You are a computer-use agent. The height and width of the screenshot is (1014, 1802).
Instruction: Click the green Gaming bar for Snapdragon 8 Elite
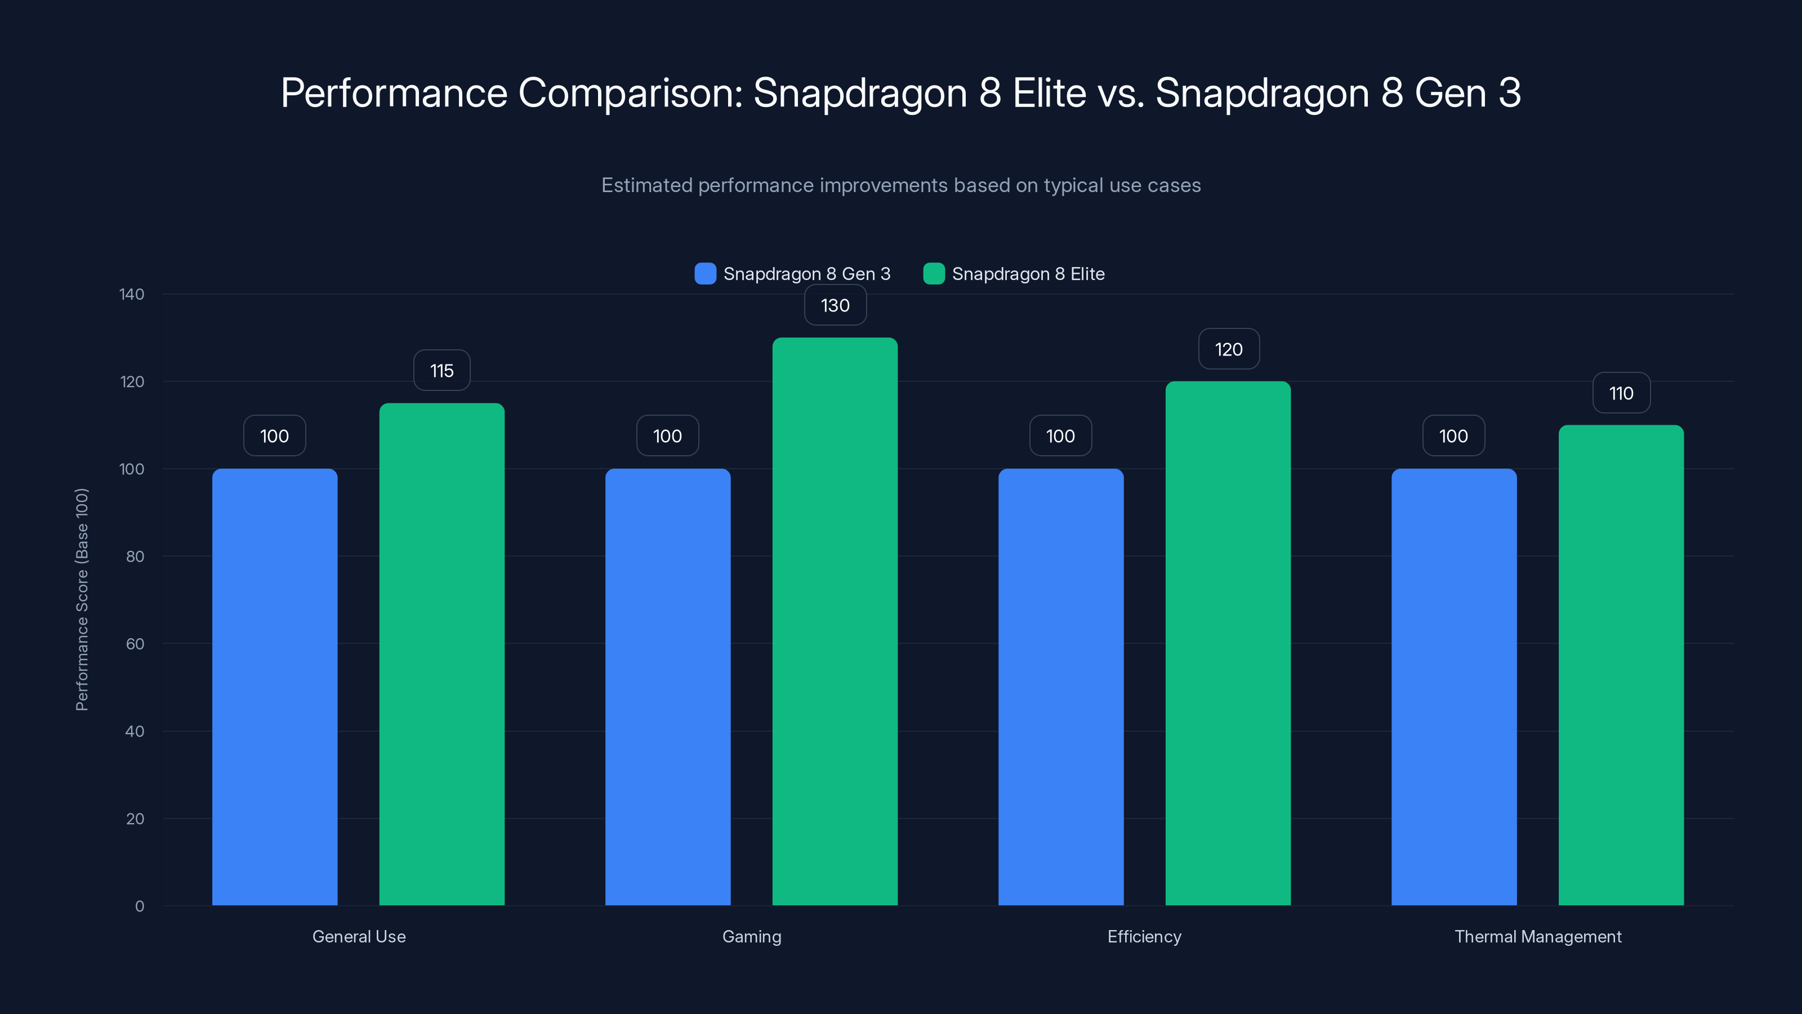click(x=835, y=623)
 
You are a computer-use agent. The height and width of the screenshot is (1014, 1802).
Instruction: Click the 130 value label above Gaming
click(x=835, y=305)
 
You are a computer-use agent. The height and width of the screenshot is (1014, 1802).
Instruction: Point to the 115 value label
click(x=441, y=370)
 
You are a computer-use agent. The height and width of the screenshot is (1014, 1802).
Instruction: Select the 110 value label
click(x=1621, y=393)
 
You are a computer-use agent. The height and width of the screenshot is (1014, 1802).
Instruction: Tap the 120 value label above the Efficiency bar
click(x=1228, y=349)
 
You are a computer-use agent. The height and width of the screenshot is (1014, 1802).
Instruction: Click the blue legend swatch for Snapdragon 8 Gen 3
click(x=705, y=274)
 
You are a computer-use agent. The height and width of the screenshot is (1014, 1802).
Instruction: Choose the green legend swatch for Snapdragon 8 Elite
click(x=934, y=274)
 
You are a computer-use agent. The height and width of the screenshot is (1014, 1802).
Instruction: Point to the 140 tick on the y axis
click(x=132, y=294)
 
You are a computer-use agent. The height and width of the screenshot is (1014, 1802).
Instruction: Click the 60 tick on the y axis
click(x=135, y=644)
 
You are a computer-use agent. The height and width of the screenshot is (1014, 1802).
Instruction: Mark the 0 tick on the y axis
click(x=139, y=906)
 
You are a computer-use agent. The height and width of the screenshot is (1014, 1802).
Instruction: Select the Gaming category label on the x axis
click(x=751, y=936)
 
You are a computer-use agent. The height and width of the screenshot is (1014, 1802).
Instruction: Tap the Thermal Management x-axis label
click(x=1537, y=936)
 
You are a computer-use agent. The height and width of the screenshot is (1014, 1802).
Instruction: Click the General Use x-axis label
click(x=359, y=936)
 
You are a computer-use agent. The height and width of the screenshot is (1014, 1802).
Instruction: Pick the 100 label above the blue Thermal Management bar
click(x=1453, y=436)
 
